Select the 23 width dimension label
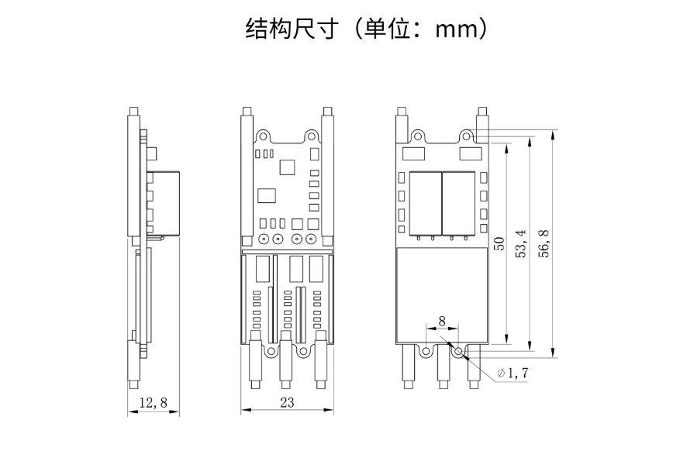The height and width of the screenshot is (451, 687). tap(288, 402)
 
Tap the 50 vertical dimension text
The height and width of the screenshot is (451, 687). tap(499, 243)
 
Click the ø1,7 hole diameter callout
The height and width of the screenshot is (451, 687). tap(513, 373)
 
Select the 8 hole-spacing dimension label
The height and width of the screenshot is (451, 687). tap(442, 321)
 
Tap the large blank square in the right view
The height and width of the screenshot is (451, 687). tap(441, 294)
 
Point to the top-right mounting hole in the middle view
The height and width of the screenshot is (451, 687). tap(313, 135)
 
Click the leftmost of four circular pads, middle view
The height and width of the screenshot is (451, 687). tap(264, 239)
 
